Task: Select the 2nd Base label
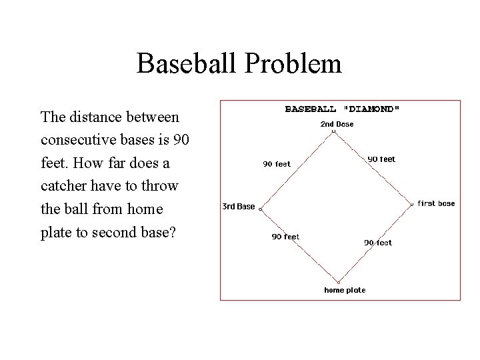[x=337, y=124]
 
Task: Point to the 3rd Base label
[x=238, y=207]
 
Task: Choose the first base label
[x=436, y=203]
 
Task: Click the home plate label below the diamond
[x=345, y=290]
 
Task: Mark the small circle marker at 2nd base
[x=333, y=132]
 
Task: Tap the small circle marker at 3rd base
[x=261, y=209]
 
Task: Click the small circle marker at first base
[x=412, y=203]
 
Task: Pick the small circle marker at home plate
[x=338, y=282]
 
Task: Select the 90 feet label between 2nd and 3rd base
[x=277, y=164]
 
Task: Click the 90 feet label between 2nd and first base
[x=381, y=159]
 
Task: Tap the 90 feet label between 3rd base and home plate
[x=285, y=237]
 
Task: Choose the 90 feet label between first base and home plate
[x=378, y=243]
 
